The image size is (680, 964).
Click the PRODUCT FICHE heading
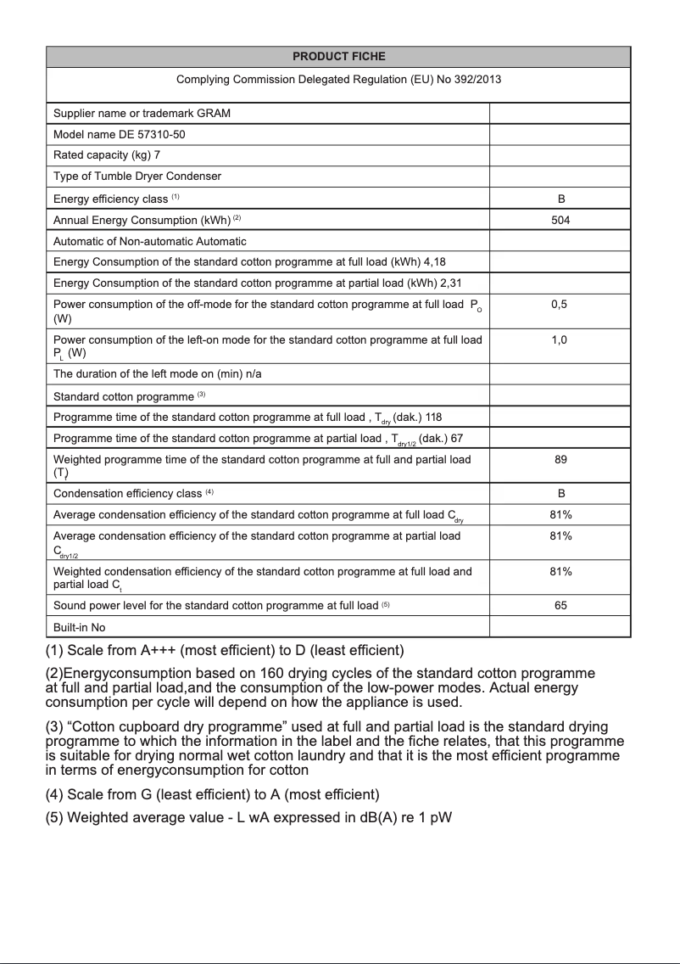[338, 57]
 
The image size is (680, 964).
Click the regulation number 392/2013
[471, 80]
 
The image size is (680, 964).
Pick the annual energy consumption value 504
[560, 220]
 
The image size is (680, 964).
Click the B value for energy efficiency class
[560, 199]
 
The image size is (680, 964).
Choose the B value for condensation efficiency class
[560, 493]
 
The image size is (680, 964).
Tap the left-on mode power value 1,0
[560, 339]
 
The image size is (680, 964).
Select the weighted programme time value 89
[560, 459]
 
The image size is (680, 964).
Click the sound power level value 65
[560, 606]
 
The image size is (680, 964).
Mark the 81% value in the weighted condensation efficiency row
[560, 571]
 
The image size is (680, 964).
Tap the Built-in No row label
[79, 628]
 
